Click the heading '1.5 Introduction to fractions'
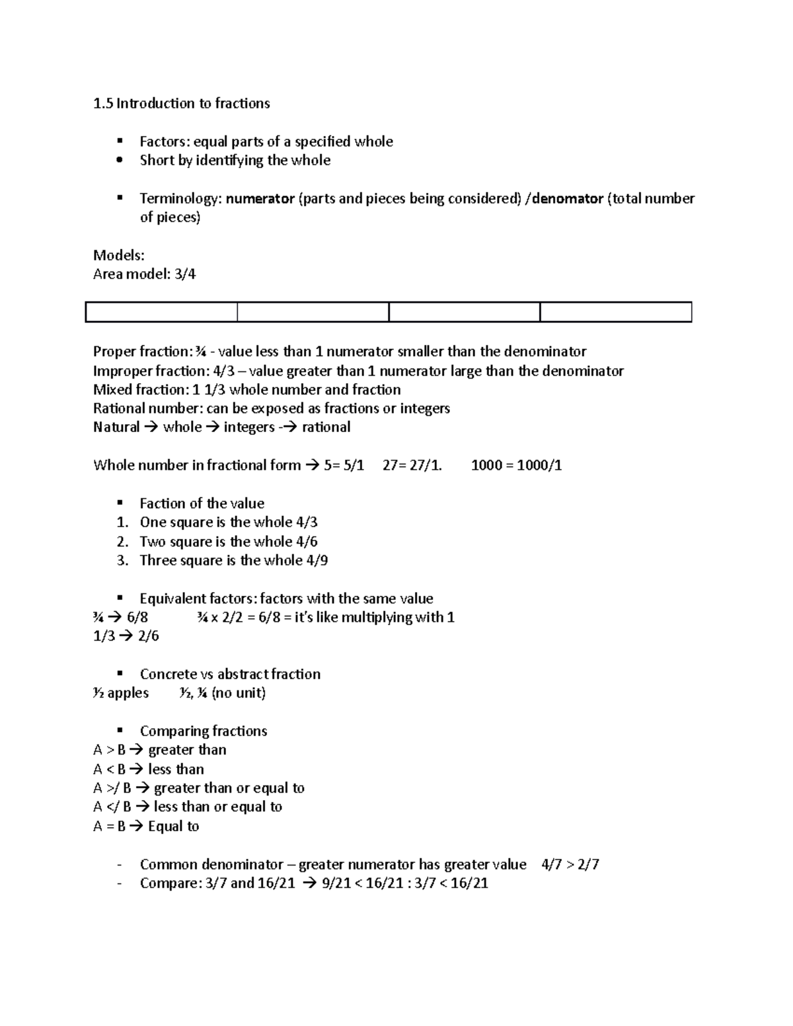pos(181,104)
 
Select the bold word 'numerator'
pos(260,199)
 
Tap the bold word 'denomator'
pos(568,199)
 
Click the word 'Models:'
pos(119,256)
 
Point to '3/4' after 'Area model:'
pos(185,274)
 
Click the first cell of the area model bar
pos(161,312)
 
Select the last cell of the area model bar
pos(615,312)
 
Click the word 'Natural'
pos(116,427)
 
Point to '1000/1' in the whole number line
pos(539,465)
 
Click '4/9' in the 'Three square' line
pos(317,561)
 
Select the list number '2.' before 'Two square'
pos(122,542)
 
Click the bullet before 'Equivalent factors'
pos(120,598)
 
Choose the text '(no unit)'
pos(239,693)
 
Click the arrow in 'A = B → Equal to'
pos(136,826)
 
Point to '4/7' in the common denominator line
pos(552,865)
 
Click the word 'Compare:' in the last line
pos(170,883)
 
